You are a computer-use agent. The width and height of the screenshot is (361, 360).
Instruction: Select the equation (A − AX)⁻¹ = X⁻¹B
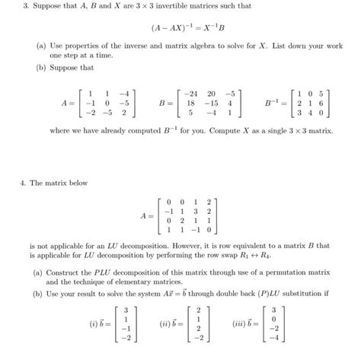click(x=180, y=28)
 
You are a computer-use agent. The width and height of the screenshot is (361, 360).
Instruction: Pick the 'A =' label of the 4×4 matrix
click(x=146, y=215)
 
